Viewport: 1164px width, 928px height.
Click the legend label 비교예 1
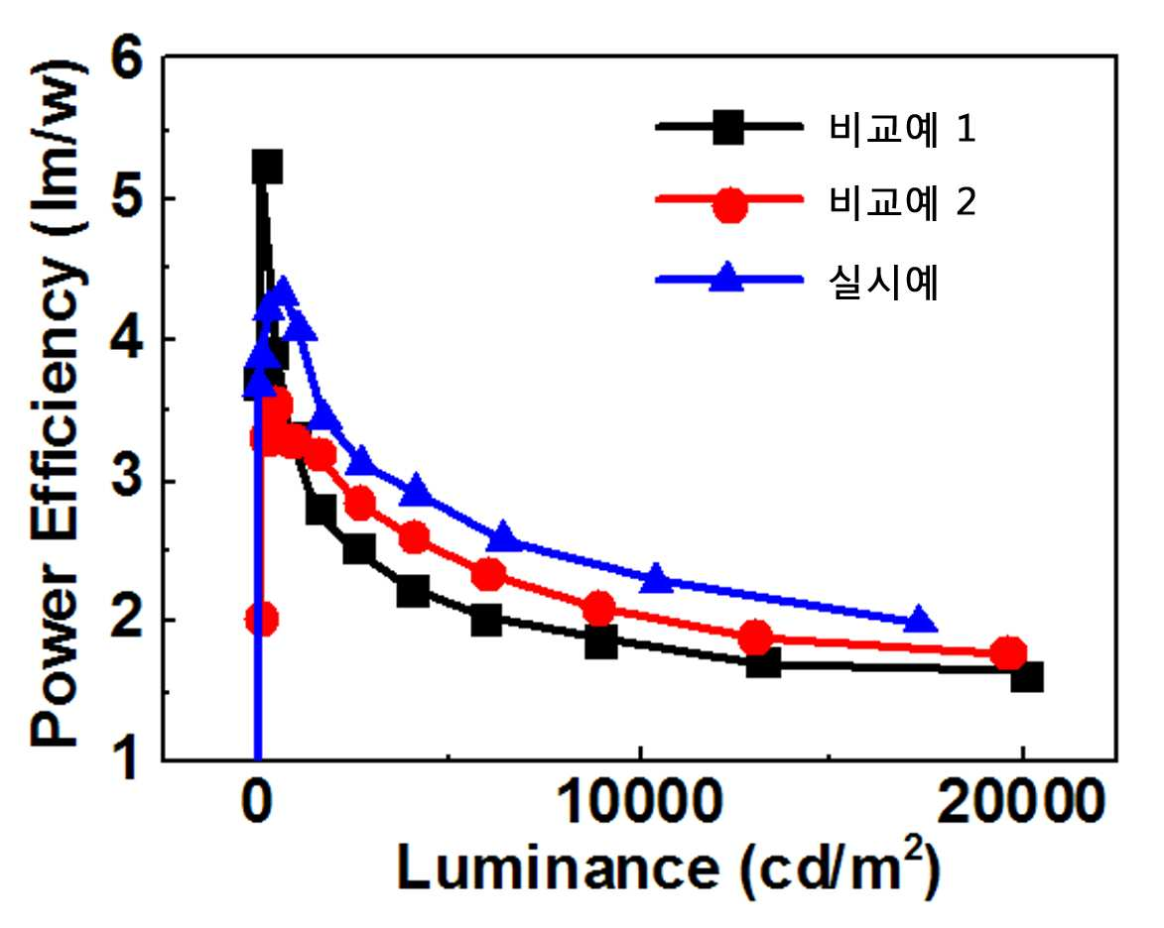click(x=901, y=128)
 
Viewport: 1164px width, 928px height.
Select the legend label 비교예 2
click(x=901, y=201)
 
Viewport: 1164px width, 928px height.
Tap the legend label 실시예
click(x=883, y=282)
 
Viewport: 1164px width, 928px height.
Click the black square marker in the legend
click(x=728, y=128)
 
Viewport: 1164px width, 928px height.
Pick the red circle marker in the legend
click(x=729, y=204)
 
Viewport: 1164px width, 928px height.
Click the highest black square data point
click(x=267, y=167)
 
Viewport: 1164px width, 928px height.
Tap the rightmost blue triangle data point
click(x=920, y=620)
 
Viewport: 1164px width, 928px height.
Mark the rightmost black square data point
click(x=1027, y=677)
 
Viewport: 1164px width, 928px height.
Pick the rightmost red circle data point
click(x=1009, y=652)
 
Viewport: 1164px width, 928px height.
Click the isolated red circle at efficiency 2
click(x=261, y=618)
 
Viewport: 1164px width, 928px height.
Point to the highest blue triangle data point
click(x=282, y=290)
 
